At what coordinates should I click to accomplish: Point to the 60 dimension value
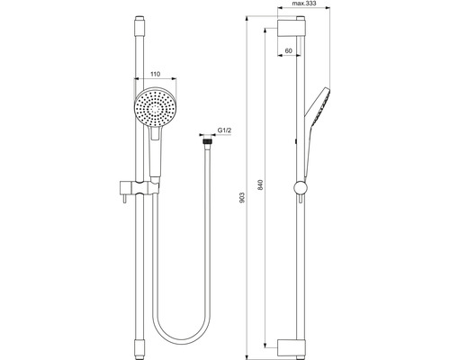coord(288,52)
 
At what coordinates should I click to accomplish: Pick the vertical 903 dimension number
coord(242,197)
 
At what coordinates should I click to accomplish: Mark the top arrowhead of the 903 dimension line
coord(249,17)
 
